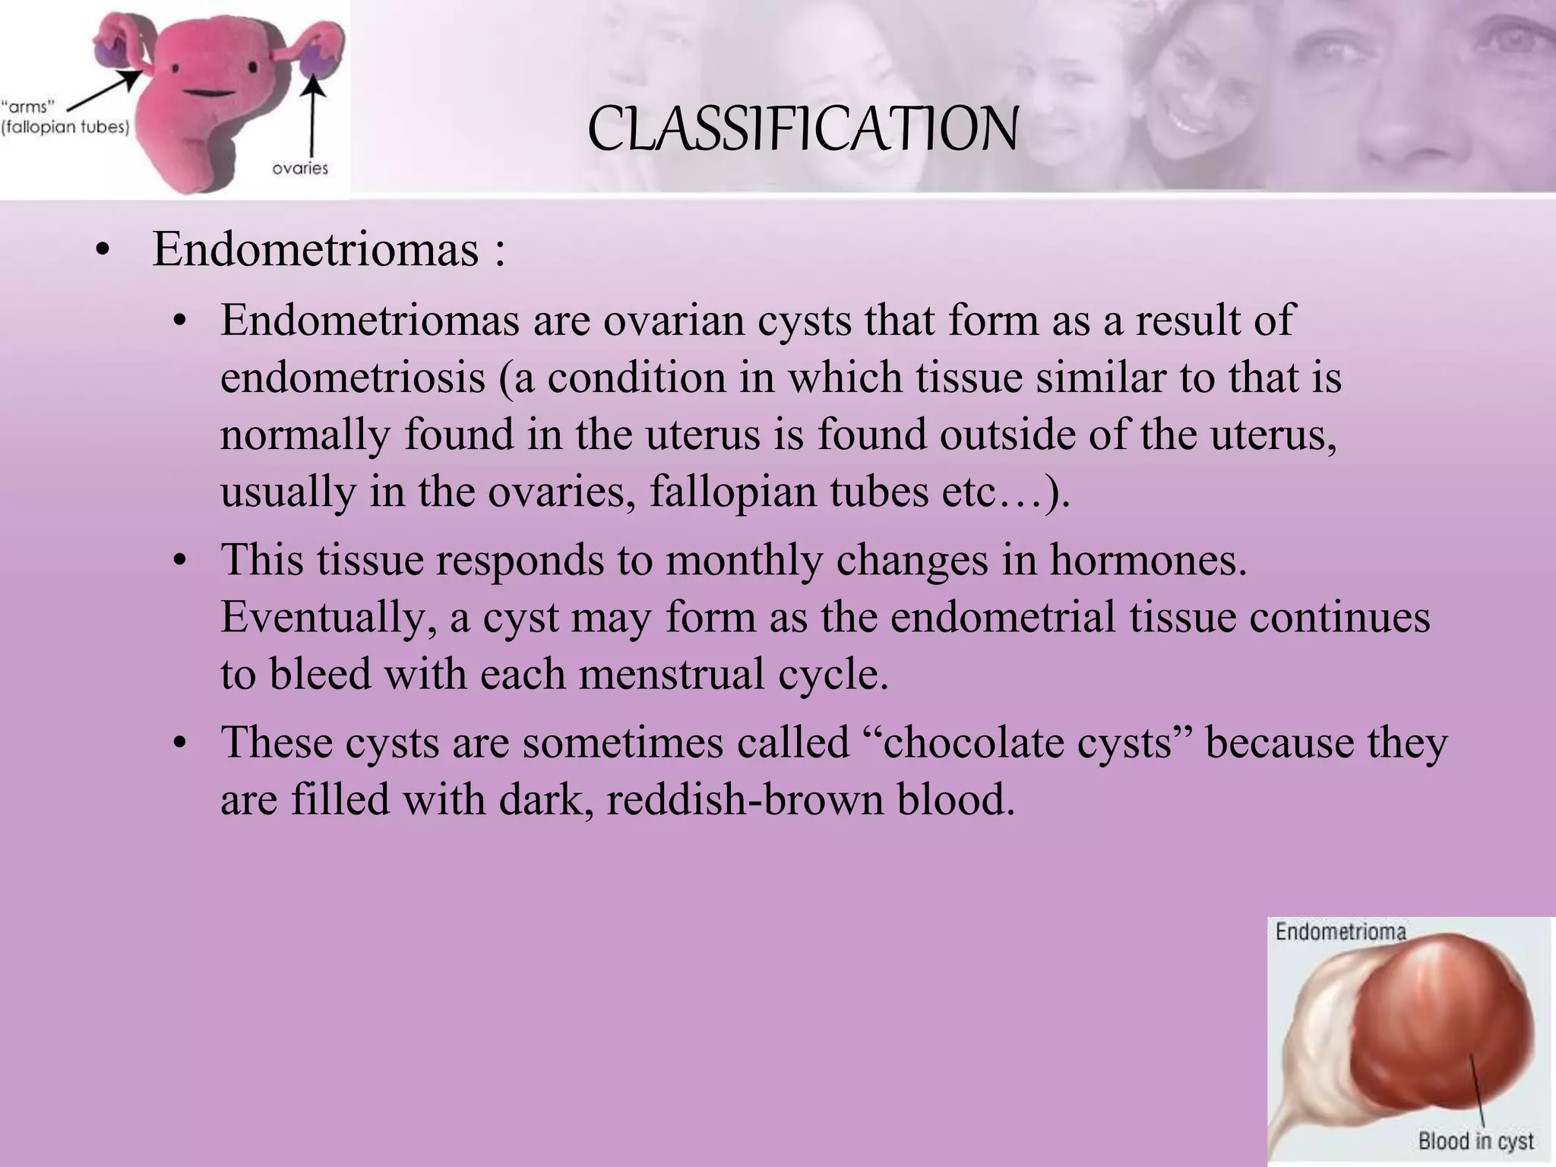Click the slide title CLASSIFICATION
[802, 130]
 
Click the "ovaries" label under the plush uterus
[300, 169]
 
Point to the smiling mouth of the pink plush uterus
[204, 93]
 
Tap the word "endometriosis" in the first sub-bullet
[353, 378]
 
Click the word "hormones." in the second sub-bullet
[1148, 560]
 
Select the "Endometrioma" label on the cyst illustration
[1340, 931]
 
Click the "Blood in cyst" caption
[1475, 1140]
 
